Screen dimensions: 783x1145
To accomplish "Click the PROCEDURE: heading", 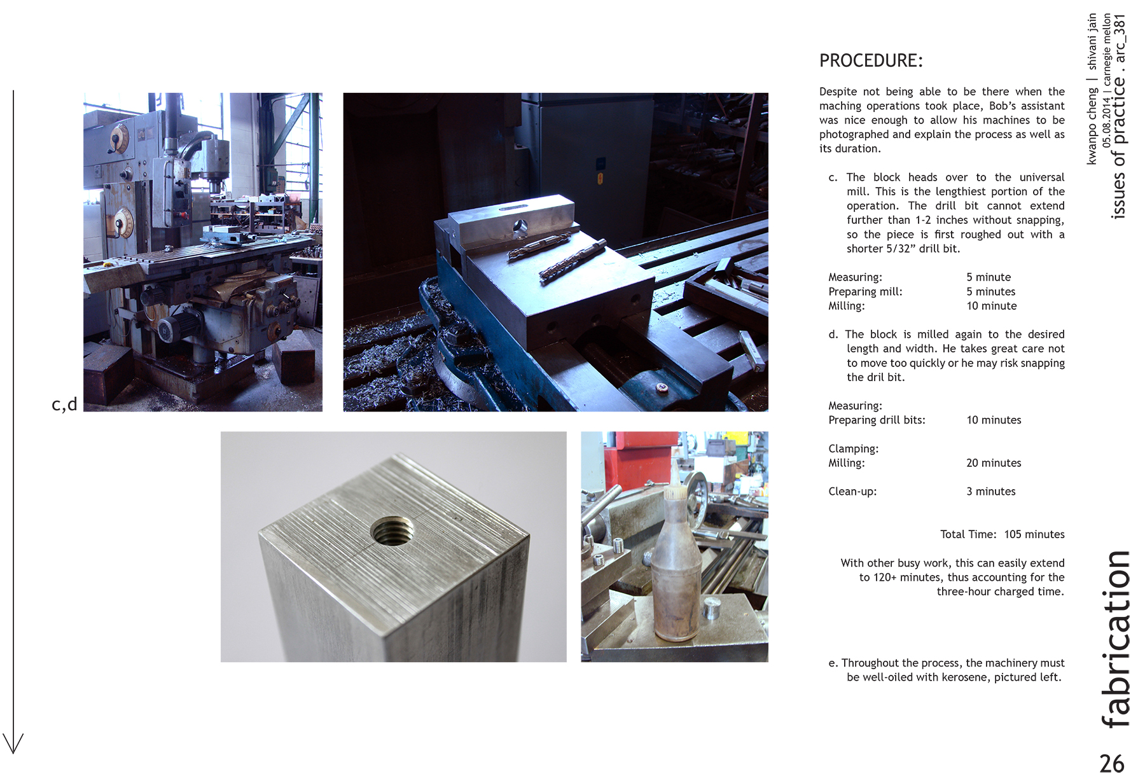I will [871, 61].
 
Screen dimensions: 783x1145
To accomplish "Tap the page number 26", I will [1111, 763].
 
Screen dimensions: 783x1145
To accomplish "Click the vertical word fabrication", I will [1116, 639].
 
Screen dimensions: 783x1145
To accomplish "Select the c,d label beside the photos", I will [64, 404].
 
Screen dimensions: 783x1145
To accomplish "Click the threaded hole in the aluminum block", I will [392, 530].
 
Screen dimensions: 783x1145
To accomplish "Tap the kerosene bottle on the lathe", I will [676, 567].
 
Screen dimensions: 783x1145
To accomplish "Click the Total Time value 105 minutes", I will [1034, 534].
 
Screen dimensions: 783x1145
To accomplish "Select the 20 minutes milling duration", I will [994, 463].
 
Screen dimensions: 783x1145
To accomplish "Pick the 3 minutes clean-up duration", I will [990, 492].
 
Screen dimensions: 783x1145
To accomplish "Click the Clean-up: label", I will [852, 492].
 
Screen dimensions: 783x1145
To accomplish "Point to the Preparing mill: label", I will [865, 291].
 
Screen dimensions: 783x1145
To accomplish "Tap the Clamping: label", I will [853, 448].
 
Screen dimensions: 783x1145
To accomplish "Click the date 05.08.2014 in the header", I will [1107, 123].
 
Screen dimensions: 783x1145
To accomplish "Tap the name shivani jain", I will [1092, 42].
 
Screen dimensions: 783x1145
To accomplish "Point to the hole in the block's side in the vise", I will [520, 225].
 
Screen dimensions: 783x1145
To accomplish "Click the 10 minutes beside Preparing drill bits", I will [994, 420].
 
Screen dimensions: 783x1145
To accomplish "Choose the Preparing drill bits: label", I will [877, 420].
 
